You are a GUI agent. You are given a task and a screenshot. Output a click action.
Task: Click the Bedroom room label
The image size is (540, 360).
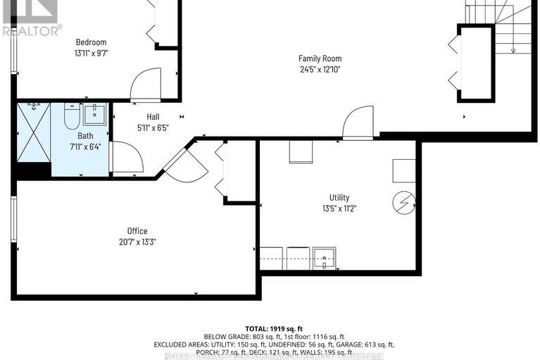tap(90, 42)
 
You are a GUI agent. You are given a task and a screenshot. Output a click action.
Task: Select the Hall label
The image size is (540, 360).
tap(153, 116)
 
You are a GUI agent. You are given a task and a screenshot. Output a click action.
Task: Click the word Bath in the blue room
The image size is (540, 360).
tap(85, 136)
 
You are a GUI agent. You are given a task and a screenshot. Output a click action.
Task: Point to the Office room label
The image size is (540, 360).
tap(138, 231)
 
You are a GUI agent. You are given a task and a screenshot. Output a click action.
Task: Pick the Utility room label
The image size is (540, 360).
tap(339, 198)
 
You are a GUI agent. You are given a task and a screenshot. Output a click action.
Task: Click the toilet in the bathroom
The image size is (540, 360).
tap(72, 116)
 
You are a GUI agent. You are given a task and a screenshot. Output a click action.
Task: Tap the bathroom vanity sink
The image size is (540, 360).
tap(95, 113)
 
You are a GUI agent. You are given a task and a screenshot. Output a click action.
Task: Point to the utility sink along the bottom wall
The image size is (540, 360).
tap(325, 259)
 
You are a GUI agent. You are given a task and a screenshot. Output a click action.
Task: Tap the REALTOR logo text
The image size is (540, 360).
tap(32, 30)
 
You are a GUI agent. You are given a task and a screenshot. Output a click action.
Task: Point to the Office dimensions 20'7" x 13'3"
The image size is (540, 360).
tap(138, 242)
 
